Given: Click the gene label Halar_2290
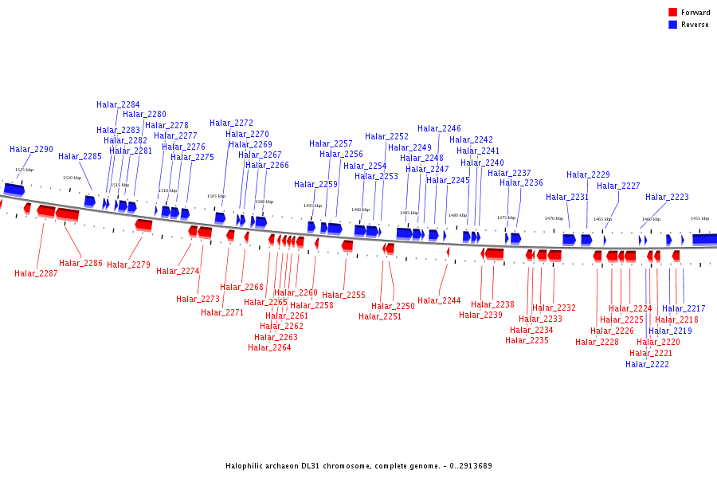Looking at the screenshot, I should point(32,150).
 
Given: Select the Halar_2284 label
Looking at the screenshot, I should point(118,105).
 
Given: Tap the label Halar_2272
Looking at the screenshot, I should point(231,123).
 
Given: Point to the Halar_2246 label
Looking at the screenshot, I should point(439,129).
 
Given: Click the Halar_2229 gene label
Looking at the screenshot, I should point(588,175).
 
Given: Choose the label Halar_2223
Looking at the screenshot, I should point(667,198).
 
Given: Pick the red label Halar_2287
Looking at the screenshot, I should point(36,274).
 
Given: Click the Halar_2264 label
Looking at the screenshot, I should point(269,348).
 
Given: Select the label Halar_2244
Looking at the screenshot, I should point(439,301).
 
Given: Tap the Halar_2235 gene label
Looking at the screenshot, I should point(527,341).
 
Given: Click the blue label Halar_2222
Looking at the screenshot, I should point(647,365).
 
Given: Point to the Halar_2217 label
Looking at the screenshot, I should point(684,309).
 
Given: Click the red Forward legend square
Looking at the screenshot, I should point(672,13).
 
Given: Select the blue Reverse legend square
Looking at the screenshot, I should point(672,25).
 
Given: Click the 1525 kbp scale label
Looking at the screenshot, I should point(24,170).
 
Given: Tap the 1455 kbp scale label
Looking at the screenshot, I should point(699,218).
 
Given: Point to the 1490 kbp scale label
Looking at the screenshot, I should point(360,210).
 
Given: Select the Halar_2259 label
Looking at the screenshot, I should point(315,185).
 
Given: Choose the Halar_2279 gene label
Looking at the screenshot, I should point(128,265).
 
